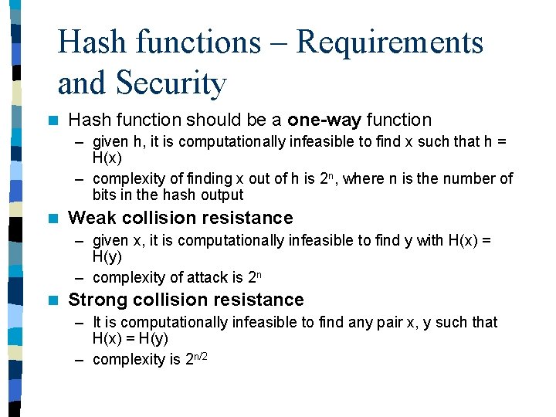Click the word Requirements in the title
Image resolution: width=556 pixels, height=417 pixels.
pos(390,42)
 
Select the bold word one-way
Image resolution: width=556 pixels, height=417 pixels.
pos(324,120)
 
